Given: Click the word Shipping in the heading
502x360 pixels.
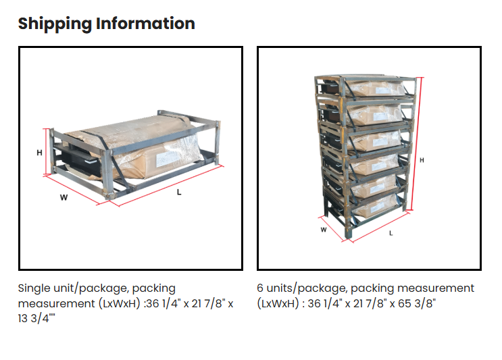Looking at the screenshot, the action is (x=55, y=24).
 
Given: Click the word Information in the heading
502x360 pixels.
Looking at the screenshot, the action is (x=145, y=24).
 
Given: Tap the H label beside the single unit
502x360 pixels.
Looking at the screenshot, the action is (x=39, y=153).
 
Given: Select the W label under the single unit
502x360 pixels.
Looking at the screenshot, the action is (x=64, y=197).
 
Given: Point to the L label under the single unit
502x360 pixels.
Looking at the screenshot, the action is (x=179, y=192).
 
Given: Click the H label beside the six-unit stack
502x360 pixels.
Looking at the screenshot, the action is (x=422, y=160).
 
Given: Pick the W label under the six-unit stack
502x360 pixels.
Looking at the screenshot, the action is (x=324, y=230).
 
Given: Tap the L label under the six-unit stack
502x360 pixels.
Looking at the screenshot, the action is (x=391, y=233).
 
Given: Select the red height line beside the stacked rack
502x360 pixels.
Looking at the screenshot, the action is (x=416, y=144).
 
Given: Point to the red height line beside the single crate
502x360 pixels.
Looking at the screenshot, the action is (x=47, y=152).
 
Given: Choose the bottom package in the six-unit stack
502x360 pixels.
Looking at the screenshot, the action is (x=374, y=207).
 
